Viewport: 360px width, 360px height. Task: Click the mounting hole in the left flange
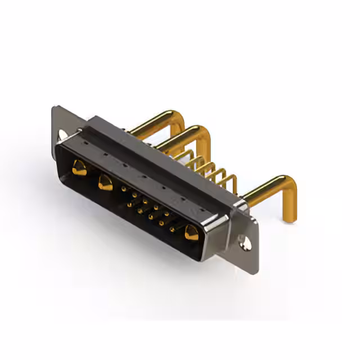pos(62,135)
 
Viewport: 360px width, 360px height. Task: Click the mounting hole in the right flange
pos(245,243)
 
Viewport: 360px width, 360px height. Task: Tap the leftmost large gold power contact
pos(79,168)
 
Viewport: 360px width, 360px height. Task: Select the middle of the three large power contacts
pos(105,182)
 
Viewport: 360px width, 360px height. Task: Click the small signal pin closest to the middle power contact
pos(124,190)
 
